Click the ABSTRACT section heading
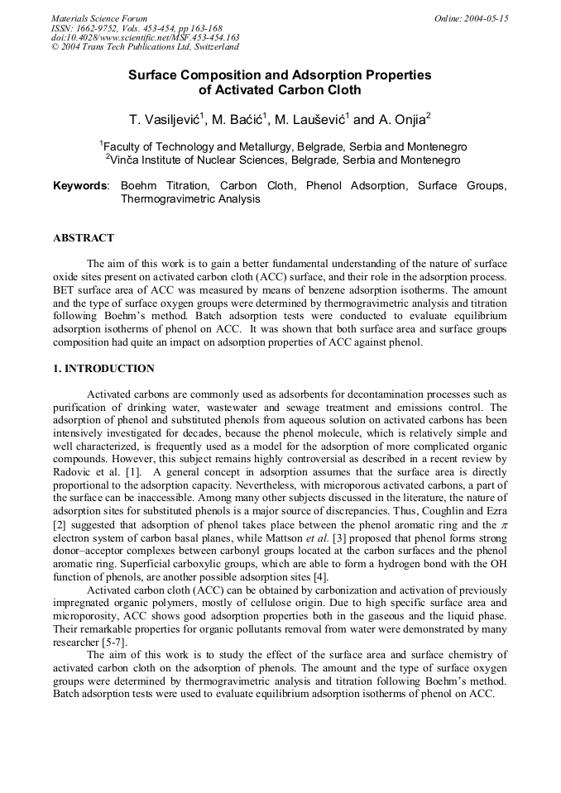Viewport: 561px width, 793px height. point(84,238)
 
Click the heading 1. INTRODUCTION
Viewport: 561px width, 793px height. point(103,369)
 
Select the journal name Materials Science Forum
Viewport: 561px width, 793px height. point(99,18)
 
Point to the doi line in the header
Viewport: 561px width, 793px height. point(145,38)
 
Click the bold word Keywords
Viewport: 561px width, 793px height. point(80,186)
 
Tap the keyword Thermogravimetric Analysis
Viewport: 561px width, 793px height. point(190,199)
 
